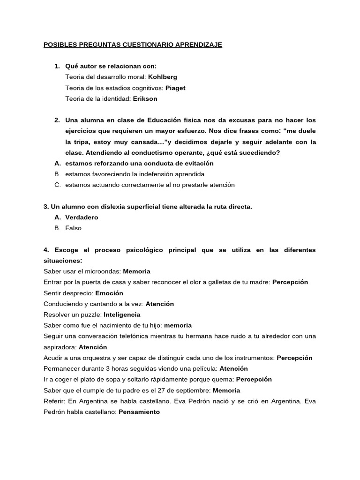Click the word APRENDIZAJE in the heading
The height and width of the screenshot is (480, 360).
pos(196,45)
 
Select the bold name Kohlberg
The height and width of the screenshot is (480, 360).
pos(163,77)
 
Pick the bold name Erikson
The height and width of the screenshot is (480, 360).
pos(145,98)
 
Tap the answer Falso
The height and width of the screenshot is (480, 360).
pos(74,228)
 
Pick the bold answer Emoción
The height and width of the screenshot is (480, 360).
pos(109,293)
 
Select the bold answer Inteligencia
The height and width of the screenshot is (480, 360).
pos(122,315)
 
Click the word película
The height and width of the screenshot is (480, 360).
pos(205,368)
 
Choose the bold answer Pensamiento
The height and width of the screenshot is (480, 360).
pos(139,412)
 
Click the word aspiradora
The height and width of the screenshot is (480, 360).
pos(60,347)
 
